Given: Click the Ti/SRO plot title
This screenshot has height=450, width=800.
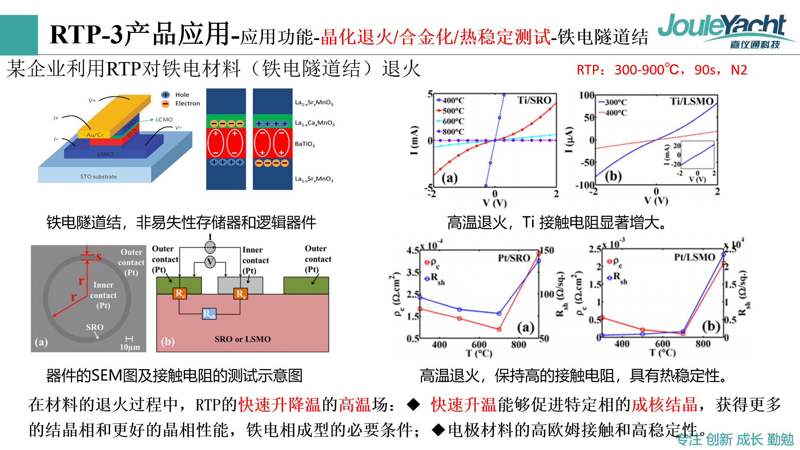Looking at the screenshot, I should pos(534,100).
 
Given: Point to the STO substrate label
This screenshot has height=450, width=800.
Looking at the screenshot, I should pos(98,177).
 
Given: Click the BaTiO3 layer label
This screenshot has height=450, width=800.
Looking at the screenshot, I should pos(305,144).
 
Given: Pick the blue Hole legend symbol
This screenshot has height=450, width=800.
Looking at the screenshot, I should pos(165,95).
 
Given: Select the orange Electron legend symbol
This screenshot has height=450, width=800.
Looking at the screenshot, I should pos(165,104).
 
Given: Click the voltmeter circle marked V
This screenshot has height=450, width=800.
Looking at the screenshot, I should pos(210,262).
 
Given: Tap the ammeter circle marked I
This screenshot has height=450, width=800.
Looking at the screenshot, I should pos(210,247).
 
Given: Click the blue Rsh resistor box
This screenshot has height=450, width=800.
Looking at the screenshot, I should pos(209,314).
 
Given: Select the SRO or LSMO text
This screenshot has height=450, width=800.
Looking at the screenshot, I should pos(242,339).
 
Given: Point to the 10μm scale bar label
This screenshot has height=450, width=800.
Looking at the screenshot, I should pos(130,347).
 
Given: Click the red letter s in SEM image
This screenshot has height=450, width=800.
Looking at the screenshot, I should pos(99,257).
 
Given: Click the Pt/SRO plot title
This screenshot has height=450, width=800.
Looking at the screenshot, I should pos(514,258).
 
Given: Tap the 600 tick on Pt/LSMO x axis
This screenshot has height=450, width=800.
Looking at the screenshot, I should pos(662,344).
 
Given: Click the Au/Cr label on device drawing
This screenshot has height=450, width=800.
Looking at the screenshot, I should pos(95,135).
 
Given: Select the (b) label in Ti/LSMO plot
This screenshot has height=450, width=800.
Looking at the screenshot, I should pos(613,176).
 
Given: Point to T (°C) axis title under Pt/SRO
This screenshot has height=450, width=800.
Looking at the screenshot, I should pos(479,354).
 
